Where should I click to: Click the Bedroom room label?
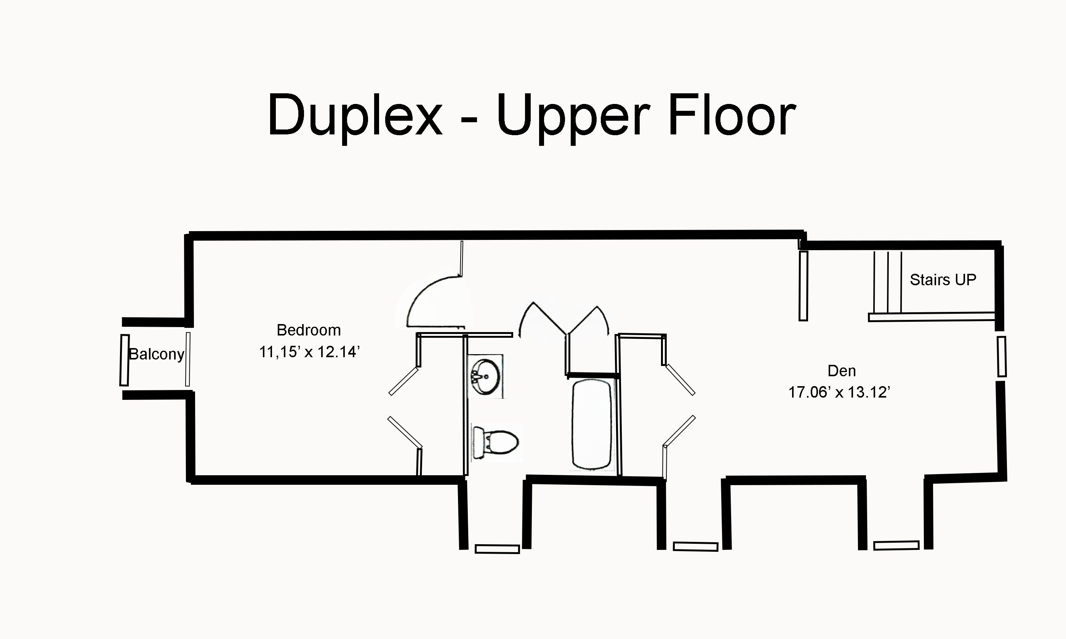tap(308, 330)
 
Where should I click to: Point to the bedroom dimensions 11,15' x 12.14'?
tap(309, 352)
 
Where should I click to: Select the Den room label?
tap(842, 371)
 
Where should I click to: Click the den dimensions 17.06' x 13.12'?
tap(839, 392)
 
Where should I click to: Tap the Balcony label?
tap(156, 355)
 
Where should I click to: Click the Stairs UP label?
tap(943, 280)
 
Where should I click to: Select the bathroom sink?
tap(485, 377)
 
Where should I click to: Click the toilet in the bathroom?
tap(495, 442)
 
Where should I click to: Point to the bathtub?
tap(592, 424)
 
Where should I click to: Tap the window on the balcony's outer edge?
tap(125, 360)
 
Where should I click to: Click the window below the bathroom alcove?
tap(497, 549)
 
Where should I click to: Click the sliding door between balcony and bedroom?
tap(187, 359)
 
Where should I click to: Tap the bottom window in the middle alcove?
tap(695, 546)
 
